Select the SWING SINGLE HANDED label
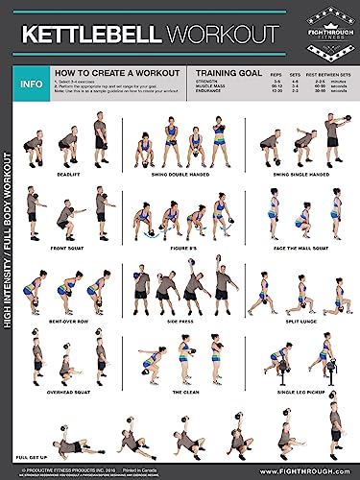(299, 175)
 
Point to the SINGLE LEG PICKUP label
(299, 393)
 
